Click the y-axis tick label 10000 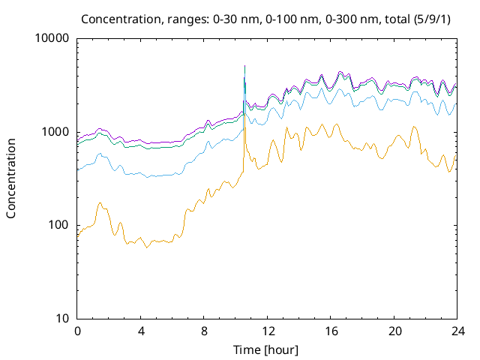click(x=52, y=39)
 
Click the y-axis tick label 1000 click(x=55, y=132)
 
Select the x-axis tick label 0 click(x=77, y=331)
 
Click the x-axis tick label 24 click(x=457, y=331)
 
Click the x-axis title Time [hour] click(x=267, y=349)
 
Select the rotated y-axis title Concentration click(x=11, y=178)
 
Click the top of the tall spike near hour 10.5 click(x=244, y=65)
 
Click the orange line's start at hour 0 click(x=77, y=237)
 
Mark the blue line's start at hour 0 click(x=77, y=170)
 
